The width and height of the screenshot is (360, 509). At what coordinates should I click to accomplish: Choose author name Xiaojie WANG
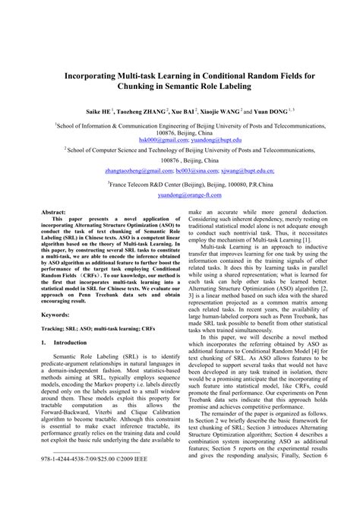(x=223, y=109)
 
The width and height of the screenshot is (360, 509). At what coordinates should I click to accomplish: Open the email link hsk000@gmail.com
(x=160, y=139)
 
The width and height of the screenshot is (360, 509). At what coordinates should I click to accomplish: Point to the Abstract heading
(x=54, y=213)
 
